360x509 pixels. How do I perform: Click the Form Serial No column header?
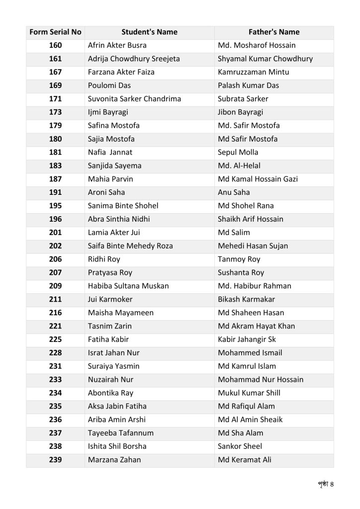point(55,32)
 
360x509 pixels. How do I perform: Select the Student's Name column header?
point(149,32)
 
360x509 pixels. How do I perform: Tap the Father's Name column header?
point(274,32)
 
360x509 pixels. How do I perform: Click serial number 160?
point(55,46)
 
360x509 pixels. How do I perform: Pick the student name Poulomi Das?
point(108,85)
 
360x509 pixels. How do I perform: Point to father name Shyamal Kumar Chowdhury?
point(265,59)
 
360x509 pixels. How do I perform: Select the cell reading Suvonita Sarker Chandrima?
point(134,99)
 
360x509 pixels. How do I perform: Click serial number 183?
point(55,166)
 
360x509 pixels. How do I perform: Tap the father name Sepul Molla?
point(238,153)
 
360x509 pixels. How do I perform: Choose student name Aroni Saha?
point(106,192)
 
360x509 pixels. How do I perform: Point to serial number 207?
point(55,272)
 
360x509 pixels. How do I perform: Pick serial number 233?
point(55,380)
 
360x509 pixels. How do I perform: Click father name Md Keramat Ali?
point(245,460)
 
